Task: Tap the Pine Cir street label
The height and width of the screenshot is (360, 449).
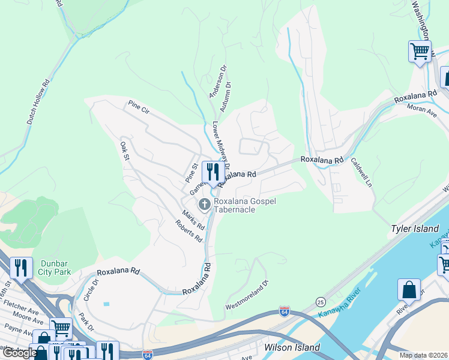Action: click(x=138, y=108)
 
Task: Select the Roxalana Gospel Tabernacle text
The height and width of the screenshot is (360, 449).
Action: click(x=245, y=205)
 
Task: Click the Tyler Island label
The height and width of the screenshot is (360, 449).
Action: click(x=415, y=229)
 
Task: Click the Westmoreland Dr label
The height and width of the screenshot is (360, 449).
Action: click(x=247, y=295)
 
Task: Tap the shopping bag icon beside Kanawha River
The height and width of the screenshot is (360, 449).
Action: click(x=409, y=290)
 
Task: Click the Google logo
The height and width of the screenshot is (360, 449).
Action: click(x=19, y=353)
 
